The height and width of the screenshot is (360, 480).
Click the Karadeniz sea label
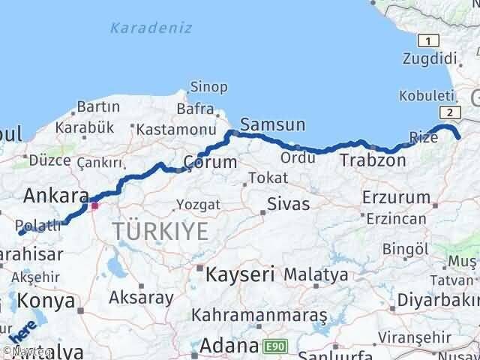[151, 28]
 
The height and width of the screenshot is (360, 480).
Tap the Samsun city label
[272, 124]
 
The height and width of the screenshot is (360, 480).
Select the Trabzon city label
[373, 160]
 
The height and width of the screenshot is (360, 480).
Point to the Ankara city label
[57, 196]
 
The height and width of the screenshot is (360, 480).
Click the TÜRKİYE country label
[161, 232]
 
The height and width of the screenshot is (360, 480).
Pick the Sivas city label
[289, 203]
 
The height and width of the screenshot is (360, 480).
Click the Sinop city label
[208, 88]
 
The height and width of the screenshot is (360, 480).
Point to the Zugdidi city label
[429, 58]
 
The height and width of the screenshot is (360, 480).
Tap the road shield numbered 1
[427, 40]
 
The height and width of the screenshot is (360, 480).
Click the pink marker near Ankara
[94, 204]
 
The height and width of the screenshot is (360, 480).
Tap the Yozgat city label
[198, 204]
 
